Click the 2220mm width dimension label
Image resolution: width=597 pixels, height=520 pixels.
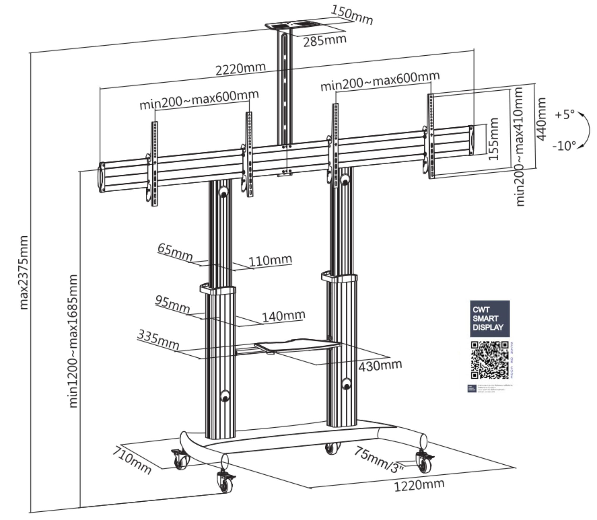click(x=240, y=69)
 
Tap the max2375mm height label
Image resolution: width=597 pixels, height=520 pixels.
click(x=23, y=273)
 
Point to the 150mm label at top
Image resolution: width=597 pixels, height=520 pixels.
click(x=351, y=15)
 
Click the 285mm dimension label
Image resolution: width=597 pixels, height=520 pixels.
click(x=325, y=41)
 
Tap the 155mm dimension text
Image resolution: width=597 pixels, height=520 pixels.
click(x=493, y=139)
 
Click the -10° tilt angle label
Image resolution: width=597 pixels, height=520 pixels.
click(x=564, y=146)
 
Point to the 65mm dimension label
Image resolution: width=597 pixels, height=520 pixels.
click(x=175, y=252)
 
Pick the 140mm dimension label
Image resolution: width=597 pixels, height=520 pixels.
click(x=284, y=316)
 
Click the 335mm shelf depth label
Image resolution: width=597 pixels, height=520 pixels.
click(x=159, y=340)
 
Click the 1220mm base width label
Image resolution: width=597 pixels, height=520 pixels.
click(x=419, y=485)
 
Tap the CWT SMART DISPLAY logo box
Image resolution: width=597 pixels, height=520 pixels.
click(x=490, y=319)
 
